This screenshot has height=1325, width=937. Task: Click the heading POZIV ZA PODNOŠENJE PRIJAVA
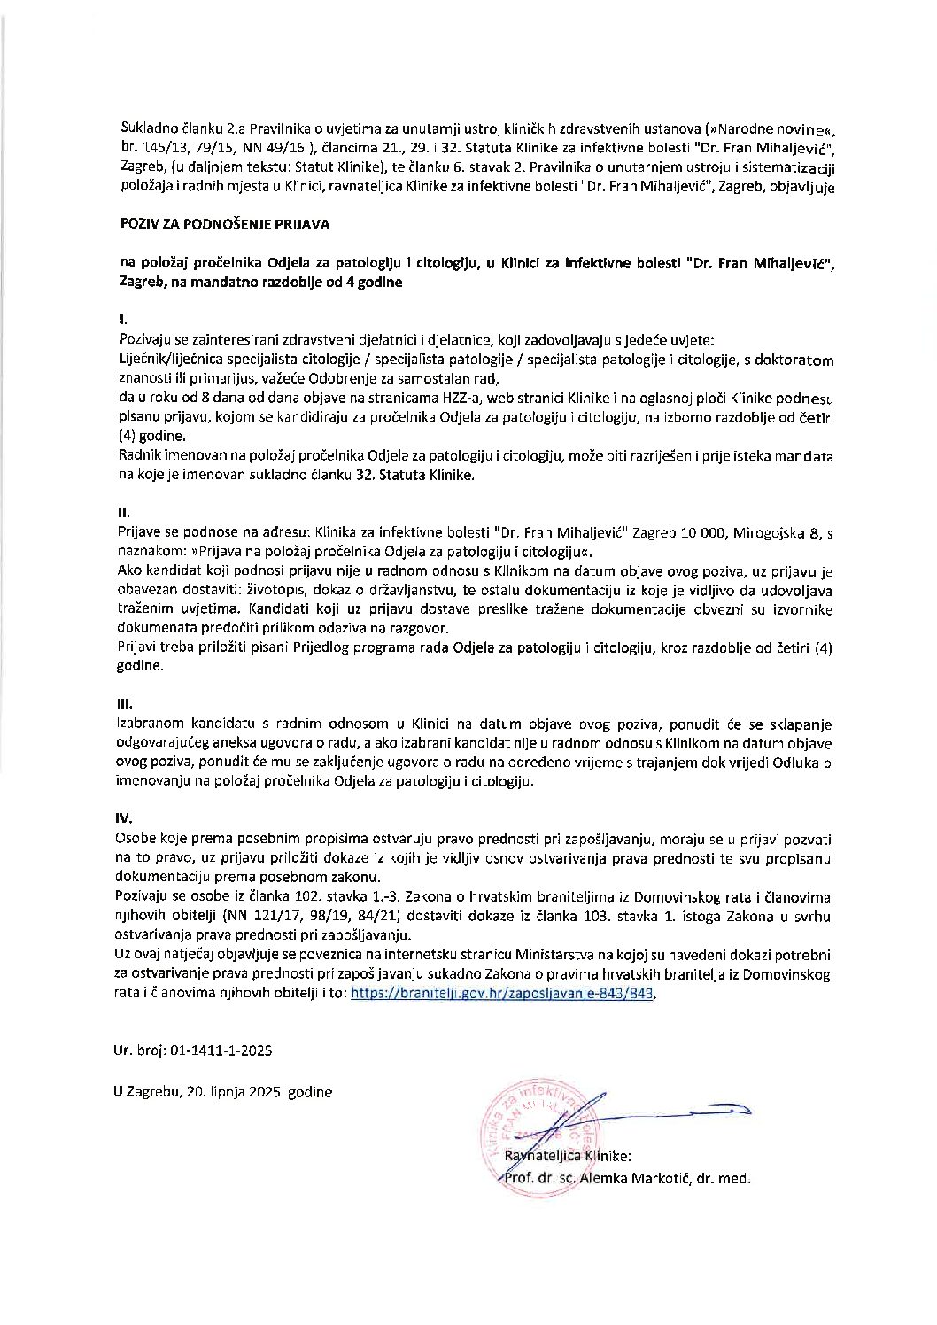225,225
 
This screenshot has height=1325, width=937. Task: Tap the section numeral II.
123,513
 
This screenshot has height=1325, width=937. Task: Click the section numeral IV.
125,820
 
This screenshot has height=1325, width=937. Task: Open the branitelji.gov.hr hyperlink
502,995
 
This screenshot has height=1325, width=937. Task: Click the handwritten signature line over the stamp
673,1109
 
